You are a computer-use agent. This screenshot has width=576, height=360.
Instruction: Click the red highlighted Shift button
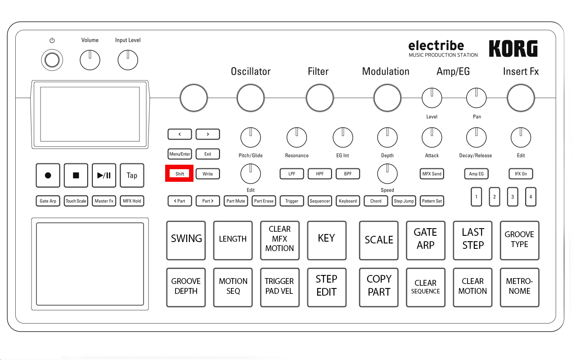tap(180, 174)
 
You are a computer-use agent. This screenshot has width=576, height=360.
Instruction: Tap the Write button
tap(207, 174)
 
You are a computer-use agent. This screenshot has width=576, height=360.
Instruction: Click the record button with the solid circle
tap(48, 175)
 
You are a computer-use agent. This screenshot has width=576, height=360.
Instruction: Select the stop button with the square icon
tap(76, 175)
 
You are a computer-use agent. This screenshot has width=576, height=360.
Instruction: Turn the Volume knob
tap(90, 60)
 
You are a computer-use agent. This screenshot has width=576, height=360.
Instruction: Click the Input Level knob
tap(128, 60)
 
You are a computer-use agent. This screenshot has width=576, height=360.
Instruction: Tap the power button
tap(52, 60)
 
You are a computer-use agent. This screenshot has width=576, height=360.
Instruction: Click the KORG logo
tap(513, 49)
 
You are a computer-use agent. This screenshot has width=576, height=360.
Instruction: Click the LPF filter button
tap(292, 174)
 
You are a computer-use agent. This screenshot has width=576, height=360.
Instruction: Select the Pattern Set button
tap(432, 201)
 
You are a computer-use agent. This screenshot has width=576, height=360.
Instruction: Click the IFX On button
tap(521, 174)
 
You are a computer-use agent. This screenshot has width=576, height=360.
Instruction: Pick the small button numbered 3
tap(513, 197)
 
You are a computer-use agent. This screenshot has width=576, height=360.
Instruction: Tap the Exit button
tap(207, 154)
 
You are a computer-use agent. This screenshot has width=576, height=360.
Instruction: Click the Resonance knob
tap(297, 138)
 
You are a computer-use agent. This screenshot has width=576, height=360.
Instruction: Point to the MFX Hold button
tap(132, 201)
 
